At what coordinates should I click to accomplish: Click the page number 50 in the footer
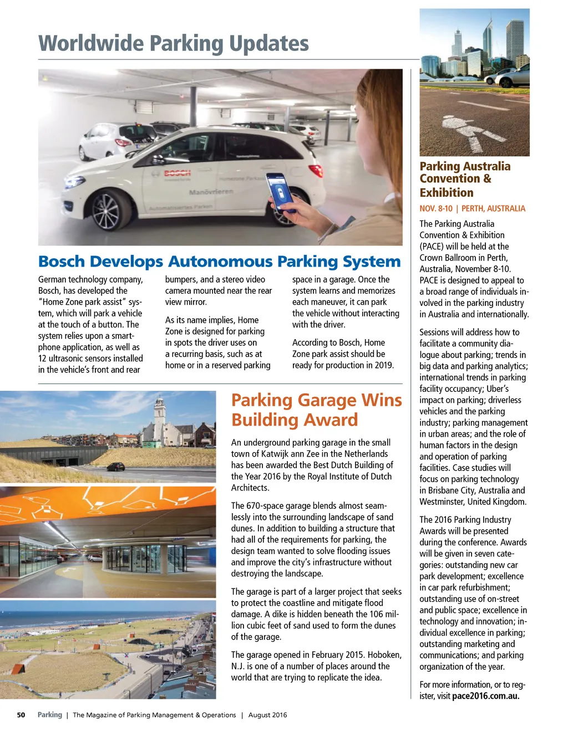[x=21, y=715]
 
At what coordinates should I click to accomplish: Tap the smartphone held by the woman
[x=280, y=192]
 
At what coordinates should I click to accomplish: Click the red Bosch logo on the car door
[x=177, y=173]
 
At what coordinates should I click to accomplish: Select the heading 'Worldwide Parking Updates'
[x=174, y=43]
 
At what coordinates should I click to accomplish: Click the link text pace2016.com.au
[x=486, y=696]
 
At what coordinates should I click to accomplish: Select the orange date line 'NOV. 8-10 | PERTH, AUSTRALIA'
[x=472, y=208]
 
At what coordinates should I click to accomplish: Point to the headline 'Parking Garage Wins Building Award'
[x=316, y=410]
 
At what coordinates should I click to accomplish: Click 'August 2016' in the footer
[x=267, y=715]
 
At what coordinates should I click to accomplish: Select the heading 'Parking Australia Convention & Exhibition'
[x=465, y=179]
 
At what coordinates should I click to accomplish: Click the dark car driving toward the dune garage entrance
[x=115, y=467]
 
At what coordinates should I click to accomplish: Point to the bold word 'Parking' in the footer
[x=49, y=715]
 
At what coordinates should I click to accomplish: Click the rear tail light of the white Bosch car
[x=316, y=170]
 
